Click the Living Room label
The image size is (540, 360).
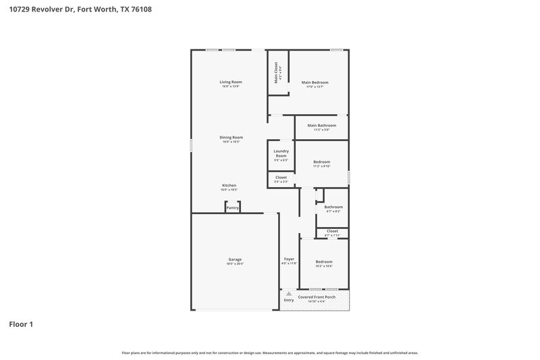click(x=230, y=82)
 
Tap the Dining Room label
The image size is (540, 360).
click(x=231, y=137)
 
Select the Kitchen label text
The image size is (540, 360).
click(x=230, y=185)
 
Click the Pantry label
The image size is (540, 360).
click(x=232, y=208)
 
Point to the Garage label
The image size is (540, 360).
click(x=235, y=259)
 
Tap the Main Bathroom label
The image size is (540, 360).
click(x=321, y=125)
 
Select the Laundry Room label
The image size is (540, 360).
click(x=281, y=153)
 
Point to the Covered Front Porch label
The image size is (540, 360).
click(x=317, y=297)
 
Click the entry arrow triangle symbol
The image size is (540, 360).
click(x=288, y=294)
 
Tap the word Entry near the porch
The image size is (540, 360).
click(x=288, y=301)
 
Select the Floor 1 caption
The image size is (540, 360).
click(x=21, y=324)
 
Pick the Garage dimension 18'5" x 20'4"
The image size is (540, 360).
click(x=235, y=264)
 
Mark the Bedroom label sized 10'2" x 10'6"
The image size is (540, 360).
click(x=324, y=261)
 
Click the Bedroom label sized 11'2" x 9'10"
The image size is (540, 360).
click(x=321, y=161)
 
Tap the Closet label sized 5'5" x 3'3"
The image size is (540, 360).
click(x=281, y=177)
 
